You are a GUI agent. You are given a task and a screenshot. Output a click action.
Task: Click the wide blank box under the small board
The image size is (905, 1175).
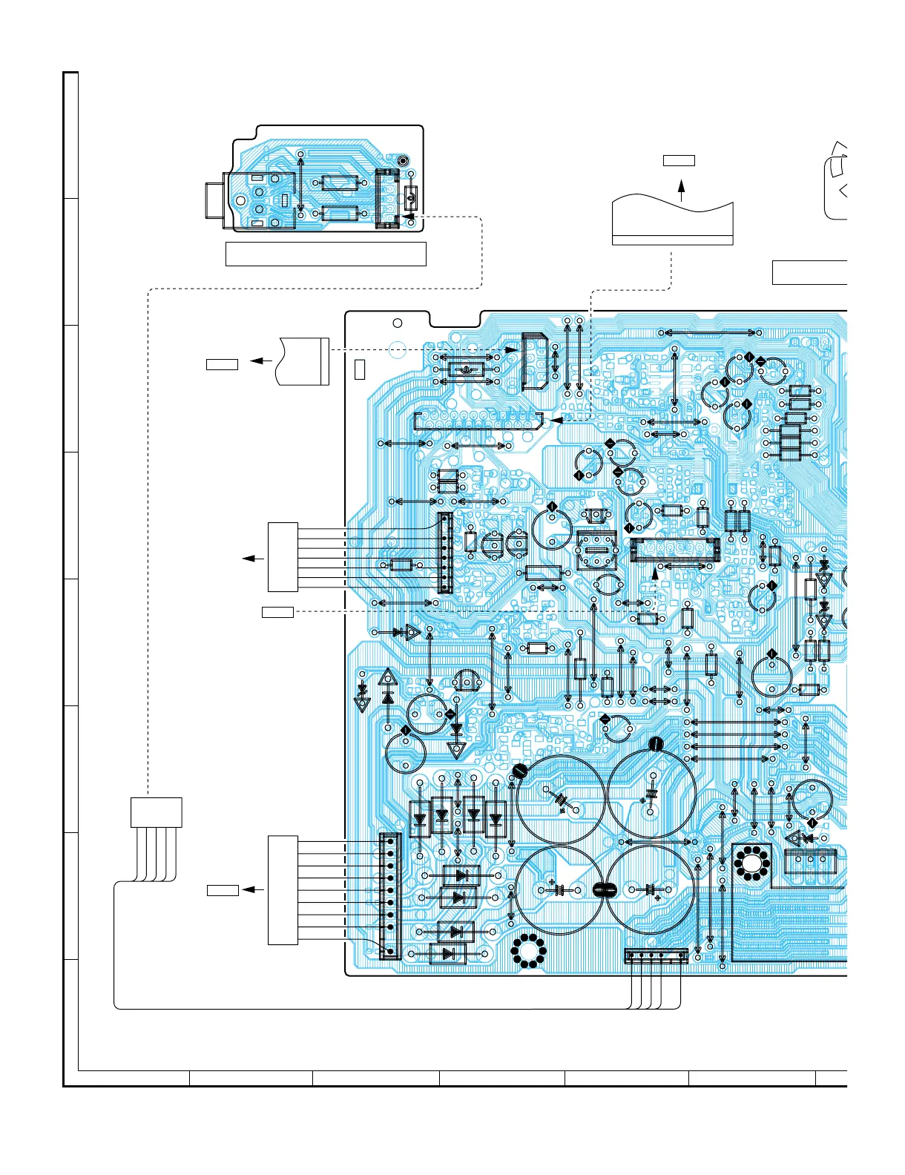coord(325,253)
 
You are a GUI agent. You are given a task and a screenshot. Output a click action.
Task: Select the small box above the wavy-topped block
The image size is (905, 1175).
coord(679,160)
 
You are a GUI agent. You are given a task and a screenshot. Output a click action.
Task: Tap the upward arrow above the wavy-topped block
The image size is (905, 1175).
coord(681,190)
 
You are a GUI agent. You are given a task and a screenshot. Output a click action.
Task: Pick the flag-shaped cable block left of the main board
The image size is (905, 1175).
coord(303,361)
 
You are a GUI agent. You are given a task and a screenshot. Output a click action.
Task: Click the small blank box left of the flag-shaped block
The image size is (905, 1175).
coord(222,364)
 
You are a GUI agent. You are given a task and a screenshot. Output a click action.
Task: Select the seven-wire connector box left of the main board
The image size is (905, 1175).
coord(283,557)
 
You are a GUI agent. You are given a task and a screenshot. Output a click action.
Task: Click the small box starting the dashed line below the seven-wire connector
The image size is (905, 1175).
coord(277,612)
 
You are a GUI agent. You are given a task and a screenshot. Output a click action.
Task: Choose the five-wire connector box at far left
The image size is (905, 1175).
coord(156,812)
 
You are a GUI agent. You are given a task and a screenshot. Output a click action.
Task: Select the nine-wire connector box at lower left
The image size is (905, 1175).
coord(283,889)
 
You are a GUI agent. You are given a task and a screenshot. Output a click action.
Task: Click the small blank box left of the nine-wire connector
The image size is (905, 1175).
coord(222,890)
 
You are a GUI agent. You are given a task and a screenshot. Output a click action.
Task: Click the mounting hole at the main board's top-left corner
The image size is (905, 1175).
coord(397,323)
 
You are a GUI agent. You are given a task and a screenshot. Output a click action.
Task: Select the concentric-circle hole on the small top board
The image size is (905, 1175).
coord(403,161)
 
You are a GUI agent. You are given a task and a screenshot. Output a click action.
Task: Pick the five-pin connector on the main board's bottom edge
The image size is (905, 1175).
coord(656,956)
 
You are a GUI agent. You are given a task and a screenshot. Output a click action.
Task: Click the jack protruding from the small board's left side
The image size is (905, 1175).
coord(212,201)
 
